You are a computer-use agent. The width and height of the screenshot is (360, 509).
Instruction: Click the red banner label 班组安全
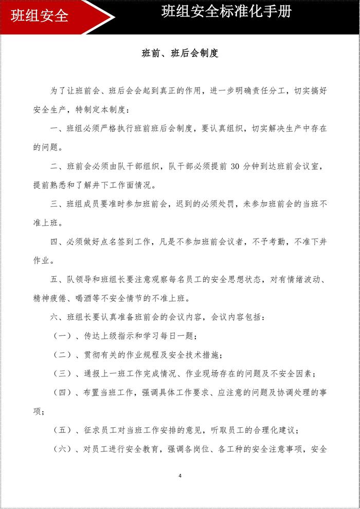pos(40,15)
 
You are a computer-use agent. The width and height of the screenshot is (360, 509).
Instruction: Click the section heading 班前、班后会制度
pos(180,53)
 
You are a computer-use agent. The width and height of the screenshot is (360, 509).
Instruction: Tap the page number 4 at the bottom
pos(180,476)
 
